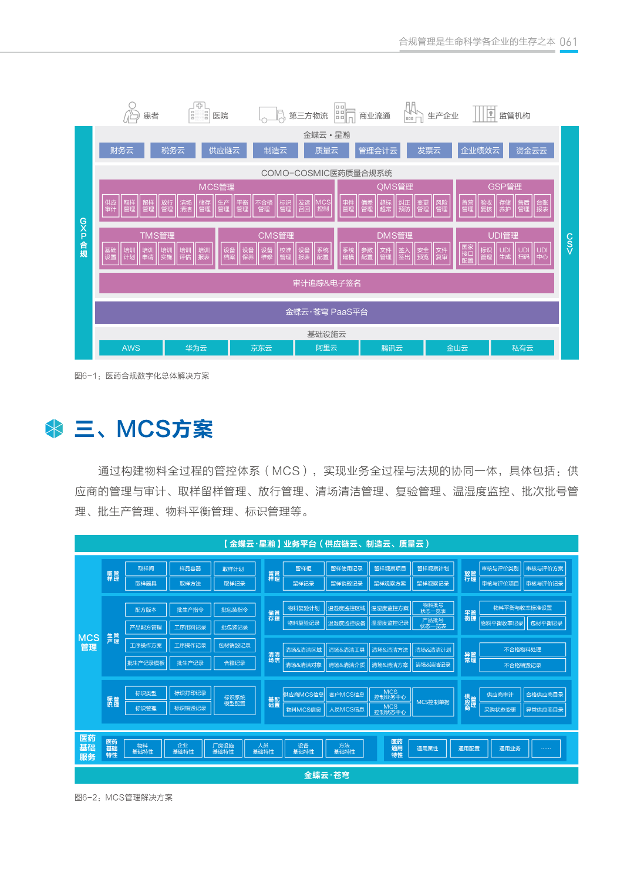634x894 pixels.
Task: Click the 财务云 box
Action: pos(122,151)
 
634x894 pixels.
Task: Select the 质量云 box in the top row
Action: pos(326,151)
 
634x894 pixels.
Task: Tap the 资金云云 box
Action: pos(531,151)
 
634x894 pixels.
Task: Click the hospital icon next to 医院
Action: pos(199,113)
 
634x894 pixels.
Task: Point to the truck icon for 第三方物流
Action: pos(272,114)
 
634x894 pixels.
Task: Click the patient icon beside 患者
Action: pos(131,113)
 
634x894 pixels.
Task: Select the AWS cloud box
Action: pos(131,348)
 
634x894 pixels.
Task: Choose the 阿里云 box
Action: pos(326,348)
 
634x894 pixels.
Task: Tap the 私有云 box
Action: pos(522,348)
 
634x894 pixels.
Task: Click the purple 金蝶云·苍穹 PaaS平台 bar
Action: pos(326,312)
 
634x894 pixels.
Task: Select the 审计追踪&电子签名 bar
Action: pos(326,283)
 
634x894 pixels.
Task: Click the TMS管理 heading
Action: pos(157,235)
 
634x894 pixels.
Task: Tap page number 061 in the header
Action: pos(568,42)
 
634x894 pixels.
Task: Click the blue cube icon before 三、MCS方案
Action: pos(54,429)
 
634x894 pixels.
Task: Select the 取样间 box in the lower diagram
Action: pos(146,568)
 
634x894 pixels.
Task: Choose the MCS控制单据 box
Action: pos(433,702)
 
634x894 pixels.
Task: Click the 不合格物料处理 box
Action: pos(522,649)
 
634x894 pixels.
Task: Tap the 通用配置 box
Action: pos(469,749)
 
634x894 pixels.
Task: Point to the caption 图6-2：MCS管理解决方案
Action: pos(124,798)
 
